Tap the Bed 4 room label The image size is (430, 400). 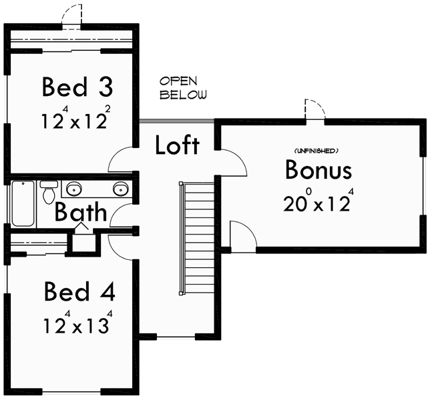click(x=79, y=292)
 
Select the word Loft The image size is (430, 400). click(x=177, y=145)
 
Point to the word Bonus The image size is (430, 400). click(x=318, y=170)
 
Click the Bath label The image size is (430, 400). click(x=80, y=213)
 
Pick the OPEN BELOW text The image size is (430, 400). click(x=183, y=88)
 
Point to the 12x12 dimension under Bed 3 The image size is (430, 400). click(x=74, y=121)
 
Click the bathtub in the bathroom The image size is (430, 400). click(x=23, y=203)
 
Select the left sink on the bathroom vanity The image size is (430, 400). click(x=73, y=187)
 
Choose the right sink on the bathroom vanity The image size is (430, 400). click(x=120, y=187)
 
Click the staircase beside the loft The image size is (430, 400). click(x=198, y=237)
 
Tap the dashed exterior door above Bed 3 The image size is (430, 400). click(x=71, y=15)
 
